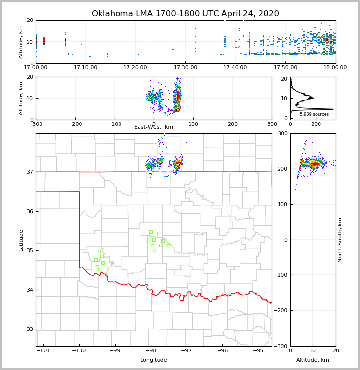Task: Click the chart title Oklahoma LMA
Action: coord(185,14)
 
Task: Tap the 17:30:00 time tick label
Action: coord(185,67)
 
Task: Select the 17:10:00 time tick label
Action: coord(85,67)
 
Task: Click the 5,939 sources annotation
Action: coord(312,114)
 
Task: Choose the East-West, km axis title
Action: coord(154,127)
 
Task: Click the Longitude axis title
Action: coord(154,360)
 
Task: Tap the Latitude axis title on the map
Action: coord(21,240)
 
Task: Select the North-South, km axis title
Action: coord(340,240)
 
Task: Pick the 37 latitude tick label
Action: coord(29,172)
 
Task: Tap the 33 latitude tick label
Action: coord(29,329)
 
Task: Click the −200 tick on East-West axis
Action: coord(75,124)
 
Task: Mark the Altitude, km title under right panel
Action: coord(313,360)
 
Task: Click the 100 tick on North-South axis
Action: coord(283,204)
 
